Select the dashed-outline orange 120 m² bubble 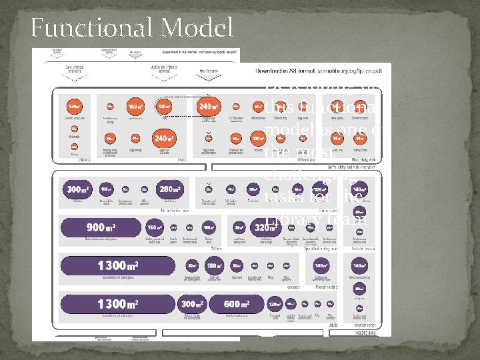(x=163, y=106)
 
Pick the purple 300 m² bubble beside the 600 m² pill (x=193, y=304)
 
